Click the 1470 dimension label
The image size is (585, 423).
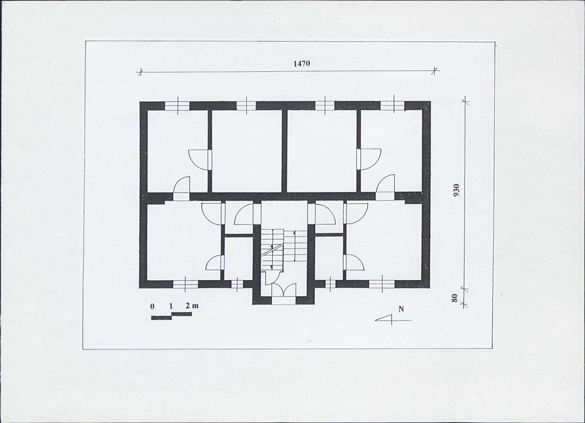click(302, 63)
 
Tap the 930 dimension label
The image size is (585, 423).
click(456, 191)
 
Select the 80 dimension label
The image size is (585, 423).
click(454, 298)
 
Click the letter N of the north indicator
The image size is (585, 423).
click(402, 309)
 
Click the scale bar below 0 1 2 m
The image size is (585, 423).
click(171, 316)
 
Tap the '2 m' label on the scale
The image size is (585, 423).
click(192, 306)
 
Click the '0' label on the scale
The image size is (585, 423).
click(152, 307)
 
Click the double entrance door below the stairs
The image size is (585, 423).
click(283, 289)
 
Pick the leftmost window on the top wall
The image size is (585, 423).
click(177, 105)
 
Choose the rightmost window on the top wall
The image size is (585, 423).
click(393, 105)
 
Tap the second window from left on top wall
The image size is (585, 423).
click(246, 105)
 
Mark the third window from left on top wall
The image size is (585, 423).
click(325, 105)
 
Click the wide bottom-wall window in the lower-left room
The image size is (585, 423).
click(185, 284)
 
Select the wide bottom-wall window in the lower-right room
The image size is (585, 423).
click(382, 284)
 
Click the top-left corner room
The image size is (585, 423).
click(177, 151)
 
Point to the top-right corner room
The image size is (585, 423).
click(391, 151)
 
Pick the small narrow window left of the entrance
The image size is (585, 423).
click(237, 284)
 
